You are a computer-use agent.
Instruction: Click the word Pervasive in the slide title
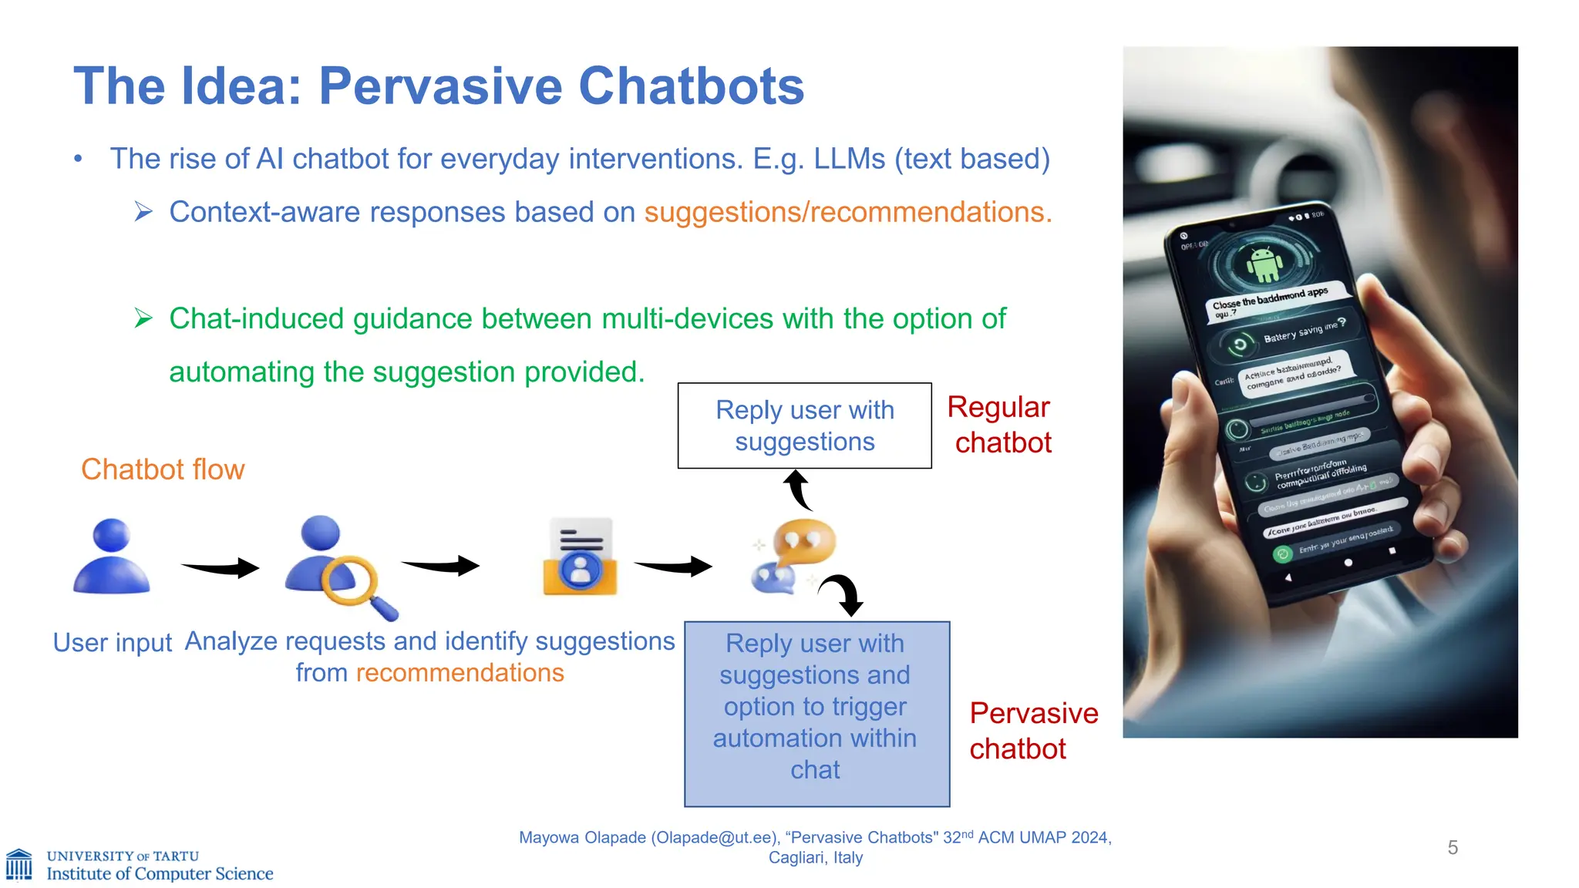441,86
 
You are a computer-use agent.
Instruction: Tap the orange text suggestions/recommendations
847,212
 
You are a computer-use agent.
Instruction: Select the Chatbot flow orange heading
163,469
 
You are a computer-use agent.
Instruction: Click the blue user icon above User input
112,557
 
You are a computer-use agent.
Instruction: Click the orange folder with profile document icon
580,557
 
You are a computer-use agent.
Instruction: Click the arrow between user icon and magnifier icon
221,568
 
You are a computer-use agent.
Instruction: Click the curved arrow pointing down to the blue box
844,594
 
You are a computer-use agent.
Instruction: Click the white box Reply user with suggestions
804,425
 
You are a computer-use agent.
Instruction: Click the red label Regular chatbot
1000,425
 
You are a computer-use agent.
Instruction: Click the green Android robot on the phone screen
1264,264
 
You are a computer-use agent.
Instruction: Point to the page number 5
1453,848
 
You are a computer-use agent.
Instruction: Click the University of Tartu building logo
19,865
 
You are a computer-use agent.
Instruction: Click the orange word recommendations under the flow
460,673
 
